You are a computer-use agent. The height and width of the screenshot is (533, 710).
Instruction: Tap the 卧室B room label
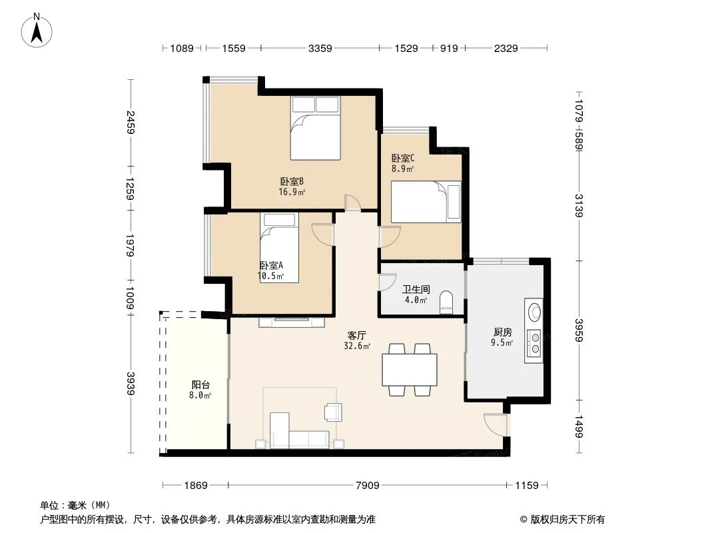click(292, 181)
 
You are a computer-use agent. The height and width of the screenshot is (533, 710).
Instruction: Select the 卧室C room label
click(403, 159)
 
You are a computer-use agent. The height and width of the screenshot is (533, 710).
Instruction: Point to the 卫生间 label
click(415, 290)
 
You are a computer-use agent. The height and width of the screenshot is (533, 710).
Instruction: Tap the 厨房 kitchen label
click(502, 332)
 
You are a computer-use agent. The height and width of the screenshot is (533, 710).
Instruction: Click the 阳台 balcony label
click(201, 384)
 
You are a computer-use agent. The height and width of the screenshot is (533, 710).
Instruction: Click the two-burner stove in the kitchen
click(533, 342)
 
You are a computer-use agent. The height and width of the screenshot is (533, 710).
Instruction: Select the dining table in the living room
click(409, 370)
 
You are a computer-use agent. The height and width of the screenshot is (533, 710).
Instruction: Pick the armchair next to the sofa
click(332, 412)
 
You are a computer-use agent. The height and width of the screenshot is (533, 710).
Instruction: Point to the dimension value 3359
click(320, 48)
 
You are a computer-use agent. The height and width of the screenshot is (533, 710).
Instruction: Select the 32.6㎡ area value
click(356, 346)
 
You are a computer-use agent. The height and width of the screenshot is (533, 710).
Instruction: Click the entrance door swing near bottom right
click(496, 424)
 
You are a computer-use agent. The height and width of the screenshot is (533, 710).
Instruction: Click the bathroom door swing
click(386, 282)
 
